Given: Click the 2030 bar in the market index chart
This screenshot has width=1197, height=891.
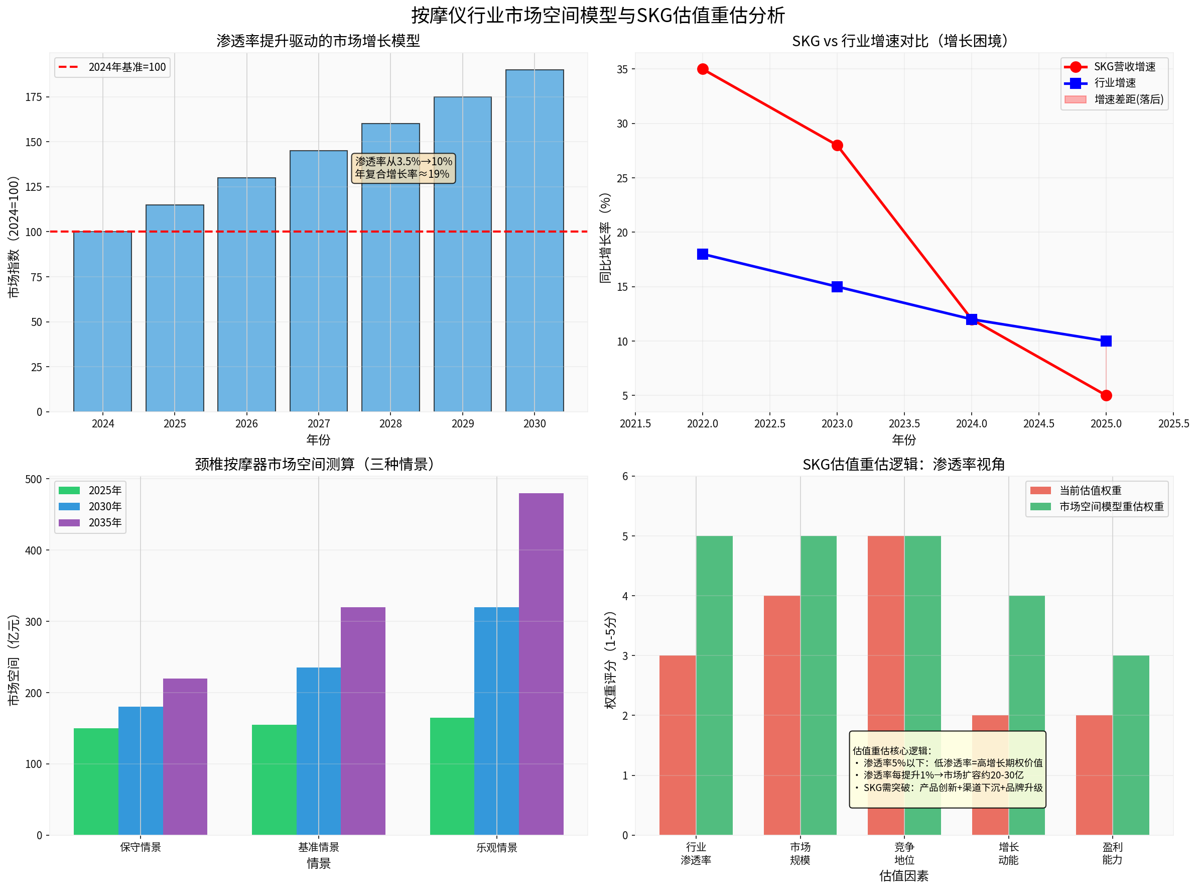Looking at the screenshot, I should coord(534,240).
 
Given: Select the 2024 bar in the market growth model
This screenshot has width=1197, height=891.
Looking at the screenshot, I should coord(102,321).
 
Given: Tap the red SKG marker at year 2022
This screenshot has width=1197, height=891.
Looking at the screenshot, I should coord(702,69).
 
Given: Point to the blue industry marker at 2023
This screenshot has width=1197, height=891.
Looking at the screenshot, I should coord(837,286).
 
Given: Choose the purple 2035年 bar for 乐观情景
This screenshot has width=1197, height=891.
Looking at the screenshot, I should coord(541,663).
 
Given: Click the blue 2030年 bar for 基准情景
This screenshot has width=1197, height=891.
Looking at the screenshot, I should coord(318,751).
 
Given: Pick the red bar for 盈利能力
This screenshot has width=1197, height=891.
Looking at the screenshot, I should coord(1094,774).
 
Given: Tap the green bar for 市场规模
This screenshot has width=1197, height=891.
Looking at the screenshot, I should coord(818,685).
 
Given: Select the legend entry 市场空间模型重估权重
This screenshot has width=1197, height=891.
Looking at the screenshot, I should coord(1111,506).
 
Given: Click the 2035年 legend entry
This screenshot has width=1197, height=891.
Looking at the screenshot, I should coord(104,523).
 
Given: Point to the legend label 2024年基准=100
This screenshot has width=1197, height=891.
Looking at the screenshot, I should coord(126,67).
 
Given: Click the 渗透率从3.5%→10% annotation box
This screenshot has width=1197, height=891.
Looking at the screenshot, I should coord(403,168).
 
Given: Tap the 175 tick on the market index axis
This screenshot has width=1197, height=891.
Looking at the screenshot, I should coord(34,97).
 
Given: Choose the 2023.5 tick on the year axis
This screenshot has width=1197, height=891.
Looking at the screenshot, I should coord(904,423).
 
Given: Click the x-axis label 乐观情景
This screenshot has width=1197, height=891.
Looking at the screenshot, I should coord(496,847).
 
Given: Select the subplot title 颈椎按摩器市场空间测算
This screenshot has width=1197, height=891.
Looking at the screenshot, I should coord(318,464).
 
